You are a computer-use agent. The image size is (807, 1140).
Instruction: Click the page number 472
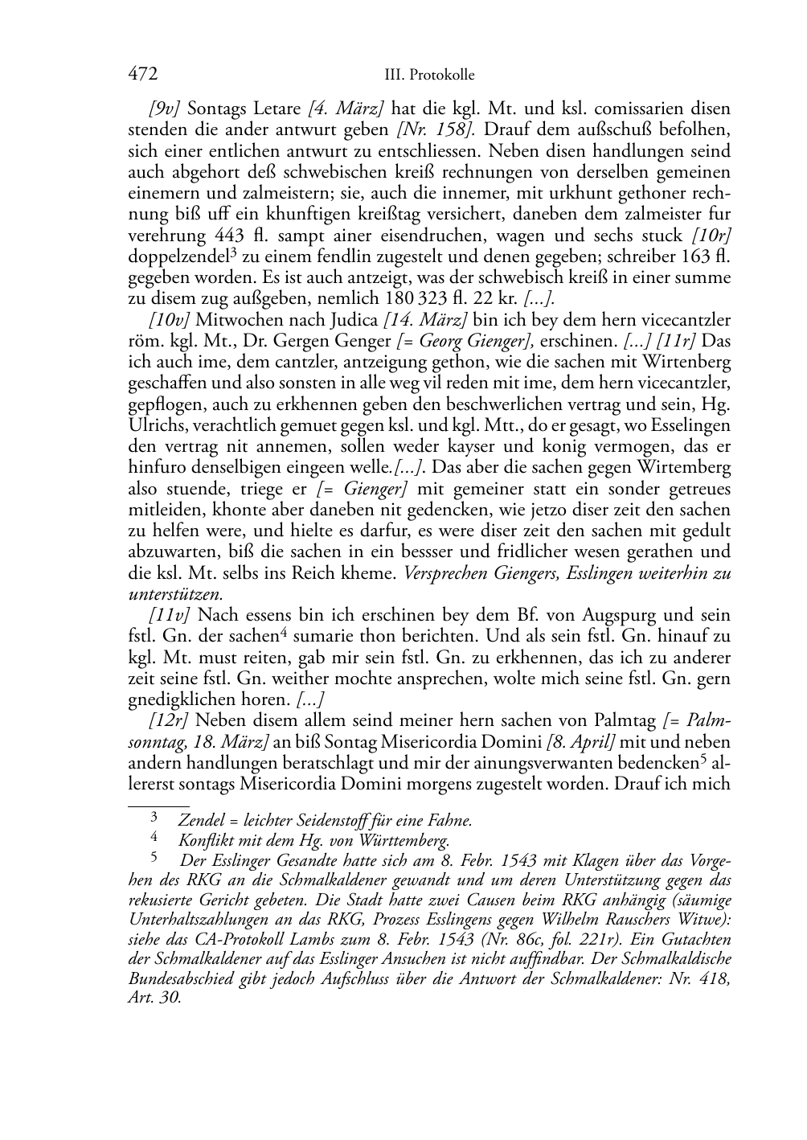(x=142, y=74)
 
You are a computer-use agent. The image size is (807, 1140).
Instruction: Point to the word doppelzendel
(x=174, y=256)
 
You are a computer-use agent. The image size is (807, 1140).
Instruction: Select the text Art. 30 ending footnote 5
(x=154, y=999)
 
